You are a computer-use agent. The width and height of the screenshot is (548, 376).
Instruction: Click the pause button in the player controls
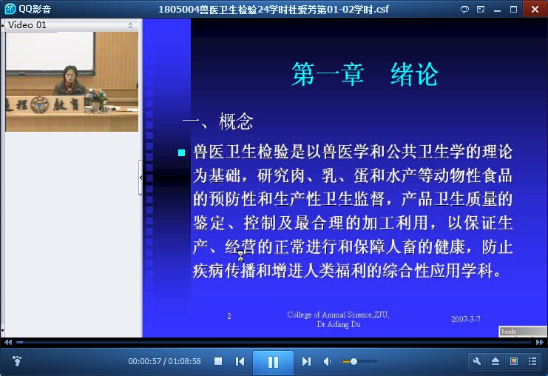point(273,362)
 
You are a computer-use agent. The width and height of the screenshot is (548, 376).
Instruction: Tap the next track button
point(306,361)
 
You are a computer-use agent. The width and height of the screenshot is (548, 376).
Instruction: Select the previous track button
point(240,361)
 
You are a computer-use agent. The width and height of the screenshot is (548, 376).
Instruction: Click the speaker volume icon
point(327,361)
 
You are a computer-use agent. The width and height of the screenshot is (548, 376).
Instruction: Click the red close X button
point(535,9)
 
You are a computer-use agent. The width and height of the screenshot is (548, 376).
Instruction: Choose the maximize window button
point(513,10)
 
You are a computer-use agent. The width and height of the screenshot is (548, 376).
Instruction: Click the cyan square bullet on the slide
point(181,152)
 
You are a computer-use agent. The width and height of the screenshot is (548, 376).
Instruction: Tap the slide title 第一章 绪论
point(365,74)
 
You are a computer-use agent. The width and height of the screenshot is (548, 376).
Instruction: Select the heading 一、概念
point(217,121)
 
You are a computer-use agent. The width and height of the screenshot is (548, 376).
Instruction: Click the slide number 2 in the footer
point(229,316)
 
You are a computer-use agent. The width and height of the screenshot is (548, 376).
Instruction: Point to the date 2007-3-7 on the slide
point(465,319)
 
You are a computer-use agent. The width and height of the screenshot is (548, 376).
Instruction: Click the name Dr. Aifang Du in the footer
point(338,324)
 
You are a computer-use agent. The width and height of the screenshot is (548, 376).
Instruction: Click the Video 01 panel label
point(27,25)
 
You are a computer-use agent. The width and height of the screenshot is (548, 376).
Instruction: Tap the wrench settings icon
point(477,361)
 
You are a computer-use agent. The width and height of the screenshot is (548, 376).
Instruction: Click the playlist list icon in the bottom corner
point(532,361)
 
